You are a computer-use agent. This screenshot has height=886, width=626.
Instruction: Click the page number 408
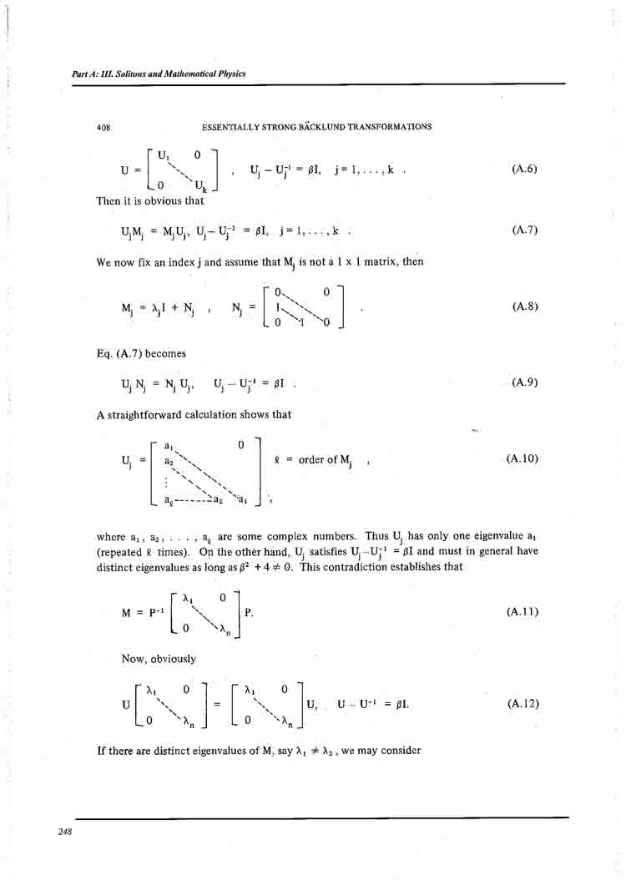[104, 128]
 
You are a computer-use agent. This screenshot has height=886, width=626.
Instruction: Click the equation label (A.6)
[524, 169]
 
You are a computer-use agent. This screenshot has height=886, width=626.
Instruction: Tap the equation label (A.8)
[524, 306]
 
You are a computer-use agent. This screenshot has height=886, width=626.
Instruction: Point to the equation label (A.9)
[524, 382]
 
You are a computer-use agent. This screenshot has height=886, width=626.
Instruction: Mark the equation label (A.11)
[523, 611]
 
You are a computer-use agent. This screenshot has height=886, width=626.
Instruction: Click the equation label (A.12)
[523, 704]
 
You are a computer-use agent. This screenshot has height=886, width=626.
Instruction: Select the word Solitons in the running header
[136, 73]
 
